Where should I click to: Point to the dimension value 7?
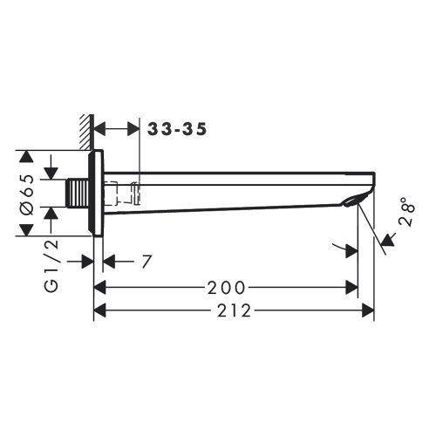click(146, 262)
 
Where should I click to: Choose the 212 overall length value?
click(234, 310)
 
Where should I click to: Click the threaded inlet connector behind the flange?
click(79, 194)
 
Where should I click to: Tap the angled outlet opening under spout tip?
click(351, 202)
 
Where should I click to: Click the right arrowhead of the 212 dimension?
click(369, 310)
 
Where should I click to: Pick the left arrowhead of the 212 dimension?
click(99, 310)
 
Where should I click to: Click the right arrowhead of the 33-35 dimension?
click(133, 130)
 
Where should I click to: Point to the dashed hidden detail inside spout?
click(124, 194)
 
